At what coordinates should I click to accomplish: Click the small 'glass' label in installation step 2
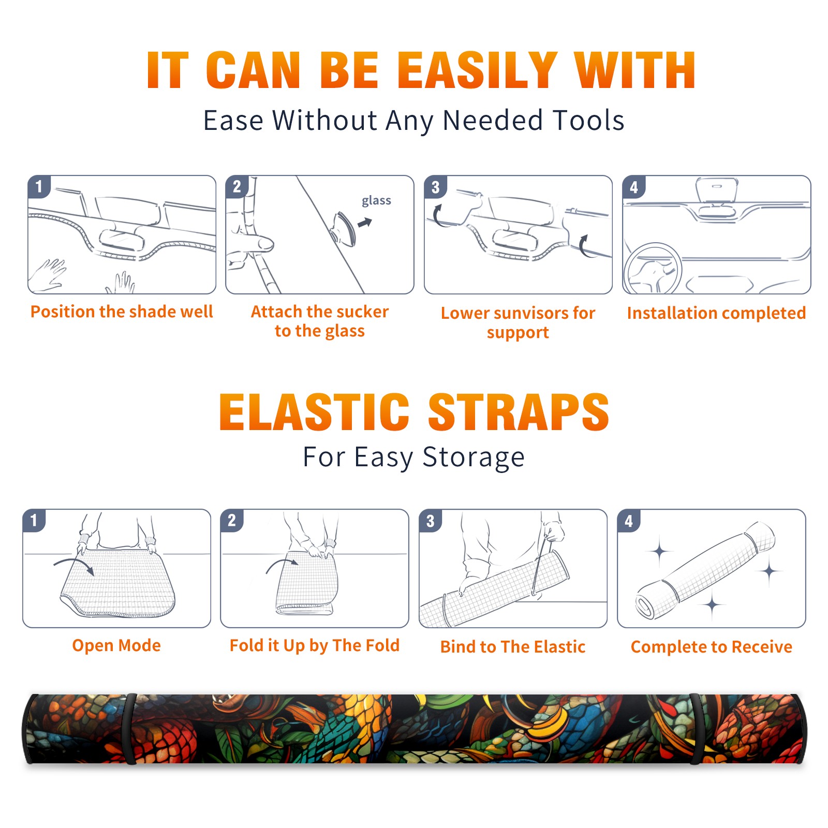376,201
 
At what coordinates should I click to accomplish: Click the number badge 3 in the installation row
435,187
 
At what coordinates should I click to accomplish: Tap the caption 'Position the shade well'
122,312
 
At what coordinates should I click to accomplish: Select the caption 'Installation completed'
716,313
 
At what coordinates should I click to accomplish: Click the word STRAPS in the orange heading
519,412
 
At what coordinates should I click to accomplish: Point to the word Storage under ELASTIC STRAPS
474,457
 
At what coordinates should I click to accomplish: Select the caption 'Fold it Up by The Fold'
315,645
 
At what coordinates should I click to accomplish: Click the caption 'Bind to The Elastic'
513,647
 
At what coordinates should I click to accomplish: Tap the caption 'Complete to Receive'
712,647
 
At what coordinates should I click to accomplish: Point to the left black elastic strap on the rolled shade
130,729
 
